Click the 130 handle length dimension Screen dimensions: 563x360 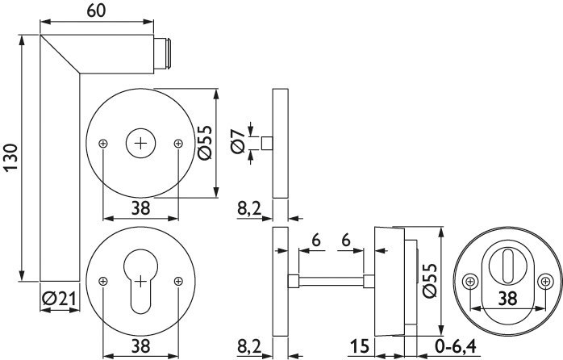(11, 157)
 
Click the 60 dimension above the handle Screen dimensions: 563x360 (96, 10)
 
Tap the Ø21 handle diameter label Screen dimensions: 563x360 (60, 299)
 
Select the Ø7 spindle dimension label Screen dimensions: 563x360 (238, 140)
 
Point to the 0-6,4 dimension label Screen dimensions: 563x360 (455, 346)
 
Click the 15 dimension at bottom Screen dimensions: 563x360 (360, 346)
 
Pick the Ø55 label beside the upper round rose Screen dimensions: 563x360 (206, 143)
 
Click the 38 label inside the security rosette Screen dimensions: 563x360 (507, 298)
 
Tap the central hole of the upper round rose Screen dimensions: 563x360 (140, 144)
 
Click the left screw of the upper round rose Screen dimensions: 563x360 (103, 144)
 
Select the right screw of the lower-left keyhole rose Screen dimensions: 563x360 (178, 282)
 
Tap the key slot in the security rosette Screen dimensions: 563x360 (507, 266)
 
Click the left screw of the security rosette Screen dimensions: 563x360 (470, 281)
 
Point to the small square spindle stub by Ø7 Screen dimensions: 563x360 (267, 143)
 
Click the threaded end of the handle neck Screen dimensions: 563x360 (163, 53)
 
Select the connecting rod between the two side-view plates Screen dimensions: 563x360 (331, 281)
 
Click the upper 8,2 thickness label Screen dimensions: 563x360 (249, 208)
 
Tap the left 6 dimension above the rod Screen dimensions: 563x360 (316, 240)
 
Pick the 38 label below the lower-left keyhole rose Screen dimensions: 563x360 (140, 346)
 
